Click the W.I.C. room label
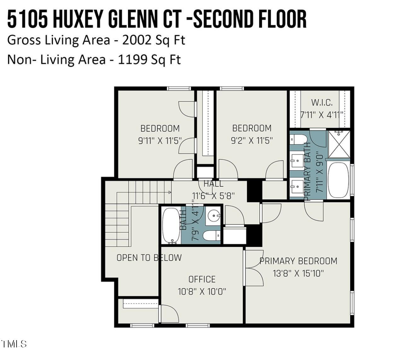321,102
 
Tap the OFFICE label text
202,279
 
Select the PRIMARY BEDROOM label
298,261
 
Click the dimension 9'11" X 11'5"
160,141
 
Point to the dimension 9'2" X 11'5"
252,140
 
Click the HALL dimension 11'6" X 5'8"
213,196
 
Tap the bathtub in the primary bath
338,180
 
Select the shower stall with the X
339,144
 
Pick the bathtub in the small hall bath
171,225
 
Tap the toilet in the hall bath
211,235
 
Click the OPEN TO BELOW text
149,258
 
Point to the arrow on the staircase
170,192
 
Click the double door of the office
254,268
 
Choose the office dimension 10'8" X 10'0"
202,292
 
